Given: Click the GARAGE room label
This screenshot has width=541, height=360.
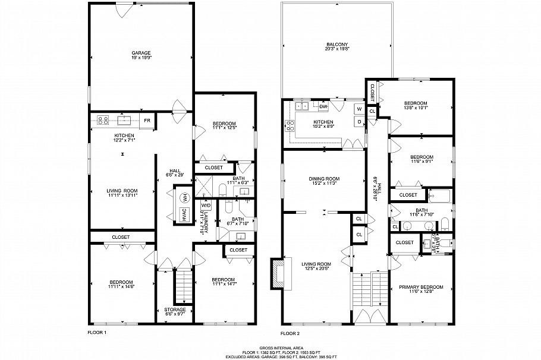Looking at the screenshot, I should (x=141, y=53).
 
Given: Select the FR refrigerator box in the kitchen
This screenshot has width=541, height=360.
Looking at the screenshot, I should (x=147, y=120).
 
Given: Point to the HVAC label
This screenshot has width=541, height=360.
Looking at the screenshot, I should (x=184, y=214).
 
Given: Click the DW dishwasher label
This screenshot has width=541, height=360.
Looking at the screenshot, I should (x=323, y=106).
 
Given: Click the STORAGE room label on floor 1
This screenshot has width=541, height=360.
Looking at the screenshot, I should (x=175, y=310).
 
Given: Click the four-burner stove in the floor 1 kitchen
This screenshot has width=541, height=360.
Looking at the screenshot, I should (x=102, y=120).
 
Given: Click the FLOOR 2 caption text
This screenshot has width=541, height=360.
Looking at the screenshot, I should (x=292, y=333).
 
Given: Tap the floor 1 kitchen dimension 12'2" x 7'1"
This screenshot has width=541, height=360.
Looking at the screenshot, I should (x=125, y=141).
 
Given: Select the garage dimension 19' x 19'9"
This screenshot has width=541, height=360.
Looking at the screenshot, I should (x=141, y=58).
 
